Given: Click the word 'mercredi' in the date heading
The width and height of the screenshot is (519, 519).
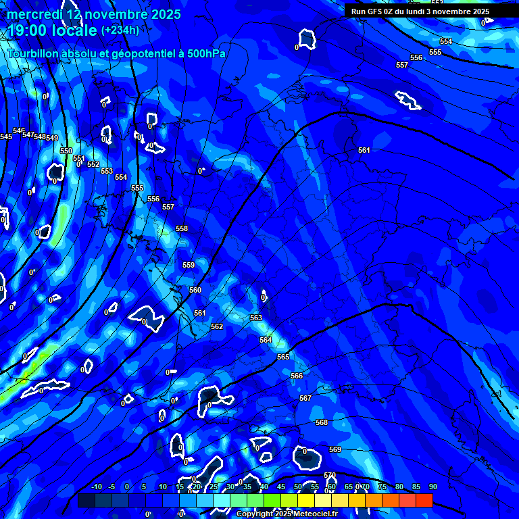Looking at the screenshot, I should (x=34, y=14).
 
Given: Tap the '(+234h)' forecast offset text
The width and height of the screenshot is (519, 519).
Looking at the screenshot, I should (x=120, y=30).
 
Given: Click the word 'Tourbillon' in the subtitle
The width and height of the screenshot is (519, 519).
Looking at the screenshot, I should (x=34, y=53).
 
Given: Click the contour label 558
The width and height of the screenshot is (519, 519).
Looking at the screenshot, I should (x=182, y=229).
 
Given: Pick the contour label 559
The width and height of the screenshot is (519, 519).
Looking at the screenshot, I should (x=189, y=265).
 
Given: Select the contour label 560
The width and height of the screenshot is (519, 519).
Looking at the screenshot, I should (x=195, y=290).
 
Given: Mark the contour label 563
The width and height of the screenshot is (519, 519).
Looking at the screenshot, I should (x=256, y=318).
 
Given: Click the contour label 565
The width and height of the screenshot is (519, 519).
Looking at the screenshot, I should (x=283, y=357).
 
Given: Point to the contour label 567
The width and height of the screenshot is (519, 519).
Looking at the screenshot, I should (x=305, y=399).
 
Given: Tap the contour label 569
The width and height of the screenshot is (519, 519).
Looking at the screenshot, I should (x=335, y=450).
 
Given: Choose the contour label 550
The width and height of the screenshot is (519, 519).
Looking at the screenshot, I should (x=66, y=151).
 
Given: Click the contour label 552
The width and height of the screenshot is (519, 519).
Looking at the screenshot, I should (x=93, y=164).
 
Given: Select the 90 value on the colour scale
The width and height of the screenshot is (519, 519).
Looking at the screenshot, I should (x=432, y=487).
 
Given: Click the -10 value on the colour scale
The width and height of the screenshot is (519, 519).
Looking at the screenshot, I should (x=96, y=487).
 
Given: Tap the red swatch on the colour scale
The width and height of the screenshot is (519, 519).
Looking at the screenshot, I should (x=424, y=500).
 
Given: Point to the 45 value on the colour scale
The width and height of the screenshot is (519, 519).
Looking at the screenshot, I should (x=281, y=487).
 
